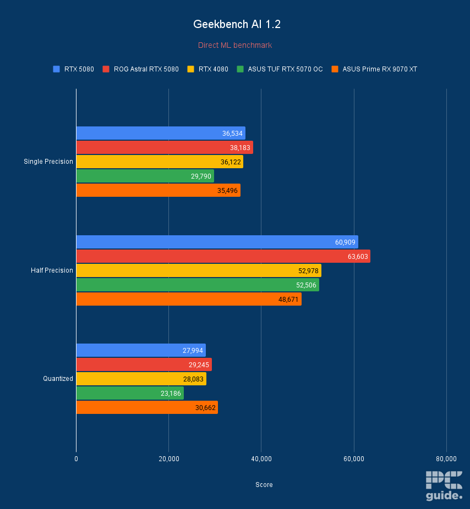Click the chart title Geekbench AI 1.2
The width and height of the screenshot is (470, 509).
(x=235, y=24)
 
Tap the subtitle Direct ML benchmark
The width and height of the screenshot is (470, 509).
(x=235, y=45)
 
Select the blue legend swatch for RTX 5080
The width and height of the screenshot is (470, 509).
(x=56, y=69)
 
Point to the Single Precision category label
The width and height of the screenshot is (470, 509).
(x=48, y=162)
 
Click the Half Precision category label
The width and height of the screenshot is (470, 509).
(x=52, y=270)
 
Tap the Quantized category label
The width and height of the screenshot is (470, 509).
(x=58, y=379)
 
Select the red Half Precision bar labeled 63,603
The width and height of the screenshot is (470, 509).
(x=223, y=256)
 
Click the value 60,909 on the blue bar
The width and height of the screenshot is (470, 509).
(x=344, y=242)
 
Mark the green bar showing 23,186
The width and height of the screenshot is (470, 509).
(x=130, y=393)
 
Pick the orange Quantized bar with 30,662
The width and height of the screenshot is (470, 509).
(x=147, y=407)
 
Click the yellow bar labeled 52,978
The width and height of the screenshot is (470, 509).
(x=198, y=270)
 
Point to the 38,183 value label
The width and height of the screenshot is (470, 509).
(x=240, y=147)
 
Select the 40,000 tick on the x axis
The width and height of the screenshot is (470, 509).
(x=261, y=459)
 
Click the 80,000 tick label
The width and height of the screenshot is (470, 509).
(x=446, y=459)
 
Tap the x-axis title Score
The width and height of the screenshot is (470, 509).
(x=264, y=485)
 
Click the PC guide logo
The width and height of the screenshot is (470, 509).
(x=444, y=486)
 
